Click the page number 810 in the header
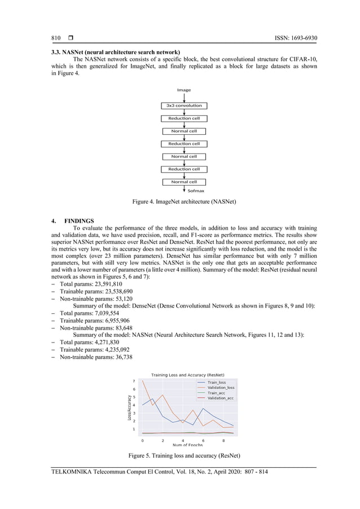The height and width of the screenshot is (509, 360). coord(56,38)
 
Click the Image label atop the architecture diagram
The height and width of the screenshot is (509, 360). coord(184,90)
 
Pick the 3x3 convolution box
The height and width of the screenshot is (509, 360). coord(184,106)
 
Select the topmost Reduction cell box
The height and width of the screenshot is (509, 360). coord(184,119)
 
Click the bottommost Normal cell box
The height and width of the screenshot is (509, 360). coord(184,182)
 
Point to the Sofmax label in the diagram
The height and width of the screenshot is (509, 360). coord(195,191)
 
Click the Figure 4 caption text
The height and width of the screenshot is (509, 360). coord(184,201)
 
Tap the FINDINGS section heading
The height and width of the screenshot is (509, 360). coord(79,221)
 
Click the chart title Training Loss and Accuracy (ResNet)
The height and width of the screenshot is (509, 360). coord(187,375)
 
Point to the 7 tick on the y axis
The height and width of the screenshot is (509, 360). coord(134,381)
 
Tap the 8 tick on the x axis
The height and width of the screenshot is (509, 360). coord(223,440)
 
